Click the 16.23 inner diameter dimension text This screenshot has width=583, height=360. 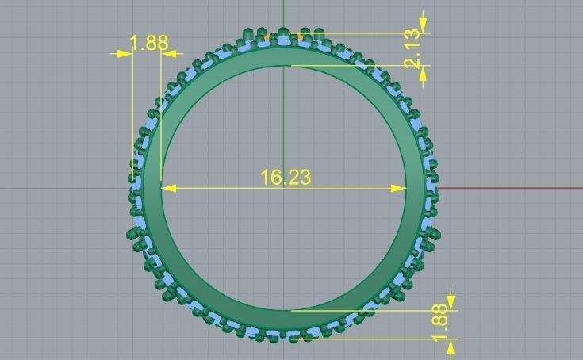pyautogui.click(x=286, y=177)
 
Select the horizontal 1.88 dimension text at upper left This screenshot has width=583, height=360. pyautogui.click(x=148, y=43)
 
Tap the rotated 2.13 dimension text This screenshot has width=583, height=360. pyautogui.click(x=412, y=49)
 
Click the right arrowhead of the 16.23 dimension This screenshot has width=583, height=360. pyautogui.click(x=400, y=188)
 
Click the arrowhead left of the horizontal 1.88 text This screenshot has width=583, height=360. pyautogui.click(x=124, y=54)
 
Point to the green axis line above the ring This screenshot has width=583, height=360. pyautogui.click(x=284, y=12)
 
